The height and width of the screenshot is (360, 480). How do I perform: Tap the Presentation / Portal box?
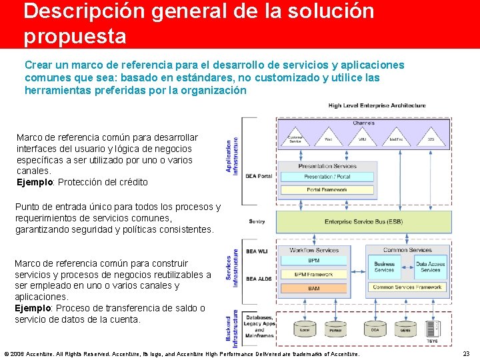[327, 177]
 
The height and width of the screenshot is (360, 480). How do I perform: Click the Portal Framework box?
[327, 190]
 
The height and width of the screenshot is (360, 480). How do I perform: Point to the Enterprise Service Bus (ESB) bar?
[363, 221]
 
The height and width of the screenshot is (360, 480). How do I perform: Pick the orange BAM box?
[314, 288]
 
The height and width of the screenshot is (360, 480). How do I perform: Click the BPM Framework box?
[314, 274]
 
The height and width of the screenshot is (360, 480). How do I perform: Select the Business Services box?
[385, 267]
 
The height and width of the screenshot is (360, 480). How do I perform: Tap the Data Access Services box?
[430, 267]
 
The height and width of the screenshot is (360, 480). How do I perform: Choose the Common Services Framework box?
[407, 287]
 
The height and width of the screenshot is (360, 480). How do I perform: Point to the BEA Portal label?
[259, 176]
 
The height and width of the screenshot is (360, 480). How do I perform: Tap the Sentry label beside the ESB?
[257, 221]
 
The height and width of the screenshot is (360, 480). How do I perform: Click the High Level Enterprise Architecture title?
[377, 105]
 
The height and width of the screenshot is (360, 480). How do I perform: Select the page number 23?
[466, 354]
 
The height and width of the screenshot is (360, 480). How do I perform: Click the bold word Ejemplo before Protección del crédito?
[35, 182]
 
